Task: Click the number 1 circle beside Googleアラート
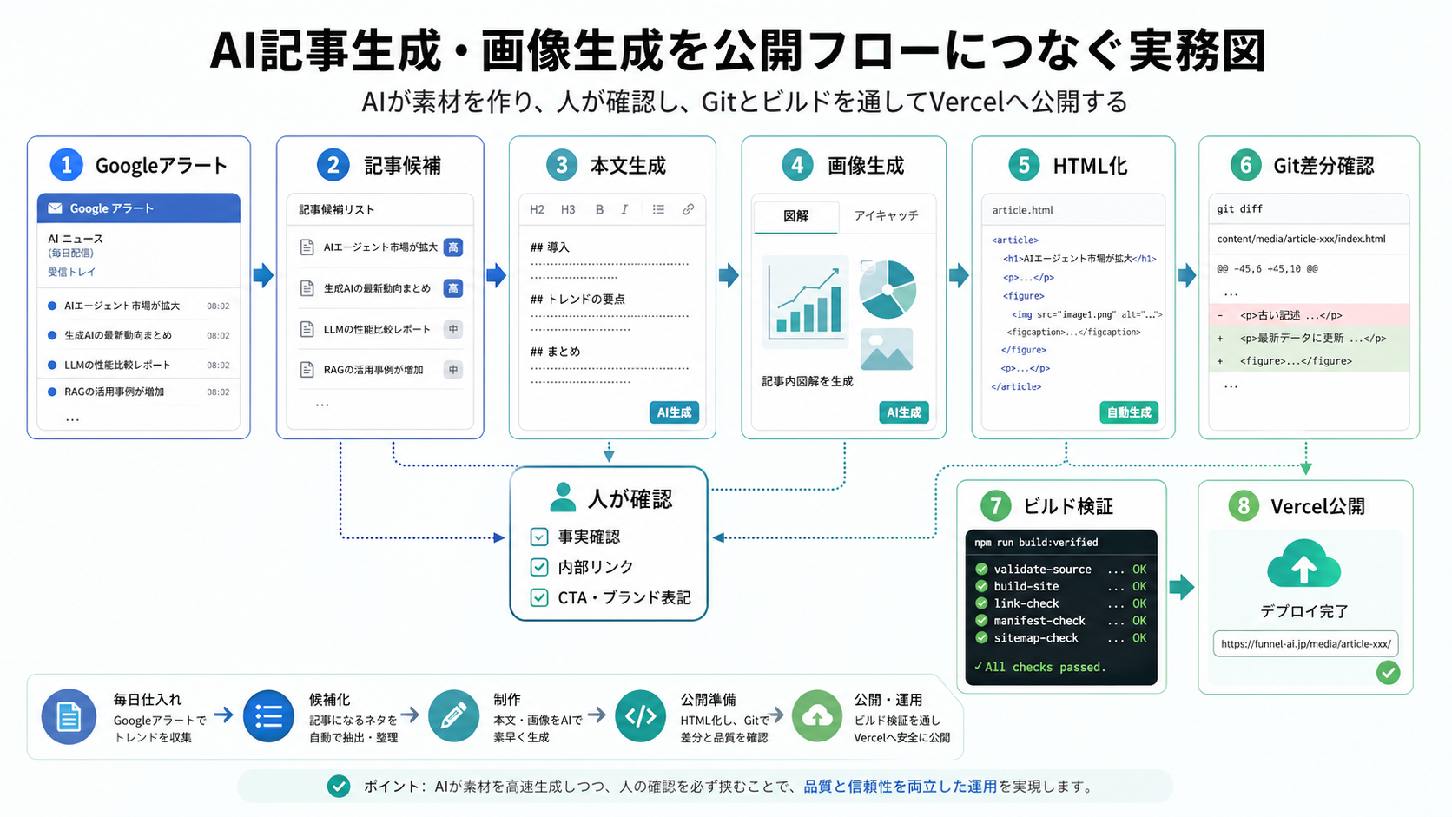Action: (x=66, y=165)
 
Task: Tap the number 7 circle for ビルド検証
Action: (x=995, y=505)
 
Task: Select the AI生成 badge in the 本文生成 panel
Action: (x=674, y=412)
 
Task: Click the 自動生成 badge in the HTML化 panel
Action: (x=1129, y=412)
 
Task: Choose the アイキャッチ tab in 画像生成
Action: (x=886, y=215)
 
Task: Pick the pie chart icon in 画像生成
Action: (x=887, y=289)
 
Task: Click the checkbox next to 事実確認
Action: (x=539, y=537)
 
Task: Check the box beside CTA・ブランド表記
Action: (x=539, y=597)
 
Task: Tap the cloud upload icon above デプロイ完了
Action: (x=1303, y=565)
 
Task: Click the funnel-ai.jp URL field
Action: (x=1305, y=643)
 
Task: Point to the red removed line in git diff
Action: (x=1308, y=315)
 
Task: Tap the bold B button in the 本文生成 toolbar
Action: (x=599, y=209)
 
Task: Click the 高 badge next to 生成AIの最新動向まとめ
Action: (x=452, y=288)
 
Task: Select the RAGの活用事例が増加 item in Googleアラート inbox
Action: (x=115, y=392)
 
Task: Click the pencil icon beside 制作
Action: (x=453, y=716)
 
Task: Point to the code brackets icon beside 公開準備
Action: (x=641, y=716)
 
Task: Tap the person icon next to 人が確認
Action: (x=563, y=497)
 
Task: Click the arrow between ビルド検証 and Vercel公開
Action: (x=1181, y=587)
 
